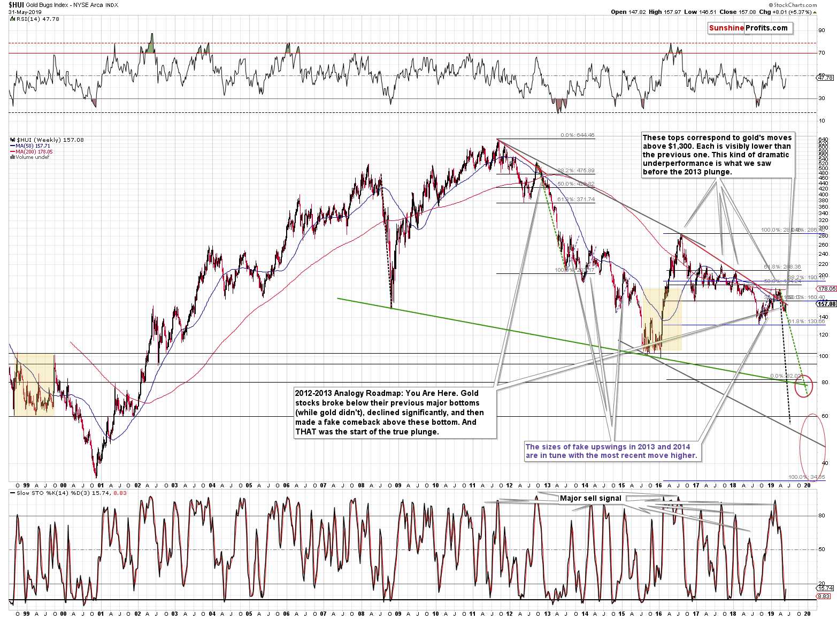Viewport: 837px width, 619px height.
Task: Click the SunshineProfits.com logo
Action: (x=748, y=28)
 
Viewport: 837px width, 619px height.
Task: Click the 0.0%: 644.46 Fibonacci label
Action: (x=577, y=135)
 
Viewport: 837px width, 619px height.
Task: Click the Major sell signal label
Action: (x=590, y=499)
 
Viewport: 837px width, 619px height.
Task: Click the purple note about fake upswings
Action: (x=611, y=451)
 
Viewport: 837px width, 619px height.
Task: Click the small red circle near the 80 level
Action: (x=804, y=386)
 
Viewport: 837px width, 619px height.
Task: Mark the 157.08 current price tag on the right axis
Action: (x=827, y=304)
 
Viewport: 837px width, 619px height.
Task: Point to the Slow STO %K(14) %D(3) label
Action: (x=53, y=493)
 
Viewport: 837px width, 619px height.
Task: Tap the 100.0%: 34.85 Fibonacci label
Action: (x=807, y=477)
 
